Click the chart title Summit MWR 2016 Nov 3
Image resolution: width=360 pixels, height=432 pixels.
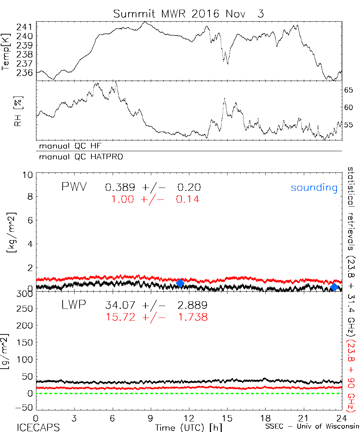(188, 14)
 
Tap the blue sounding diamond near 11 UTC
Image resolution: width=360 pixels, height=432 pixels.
(180, 283)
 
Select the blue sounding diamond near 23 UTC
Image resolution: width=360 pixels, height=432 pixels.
(334, 287)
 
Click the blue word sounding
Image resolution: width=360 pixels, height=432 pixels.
(314, 188)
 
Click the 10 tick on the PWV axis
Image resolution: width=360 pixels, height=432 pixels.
(29, 175)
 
